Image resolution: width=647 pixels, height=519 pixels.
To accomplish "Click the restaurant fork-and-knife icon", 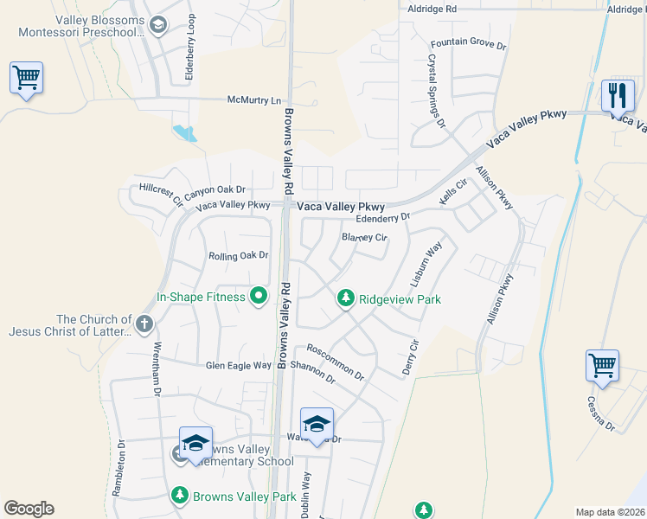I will pos(617,93).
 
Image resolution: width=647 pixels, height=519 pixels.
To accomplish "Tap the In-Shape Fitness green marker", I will pos(258,297).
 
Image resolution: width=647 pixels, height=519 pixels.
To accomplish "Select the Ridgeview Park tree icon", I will pos(345,299).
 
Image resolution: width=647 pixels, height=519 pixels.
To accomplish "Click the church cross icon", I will pos(144,325).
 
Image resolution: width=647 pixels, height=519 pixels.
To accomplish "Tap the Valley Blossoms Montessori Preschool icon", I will pos(157,26).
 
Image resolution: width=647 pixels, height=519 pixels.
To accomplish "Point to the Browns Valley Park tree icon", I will pos(179,497).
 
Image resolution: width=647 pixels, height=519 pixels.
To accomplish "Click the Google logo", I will pos(29,509).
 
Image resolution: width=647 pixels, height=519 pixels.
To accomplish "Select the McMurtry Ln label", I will pos(254,99).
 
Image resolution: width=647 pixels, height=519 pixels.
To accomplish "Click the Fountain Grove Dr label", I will pos(467,42).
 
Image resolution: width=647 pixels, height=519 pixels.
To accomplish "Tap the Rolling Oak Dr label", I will pos(239,255).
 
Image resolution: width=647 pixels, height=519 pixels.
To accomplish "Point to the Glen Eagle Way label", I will pos(238,365).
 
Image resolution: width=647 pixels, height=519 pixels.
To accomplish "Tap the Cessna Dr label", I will pos(600,413).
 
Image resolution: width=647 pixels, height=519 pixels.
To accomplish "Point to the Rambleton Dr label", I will pos(122,471).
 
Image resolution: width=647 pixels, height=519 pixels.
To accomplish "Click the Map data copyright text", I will pos(609,512).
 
